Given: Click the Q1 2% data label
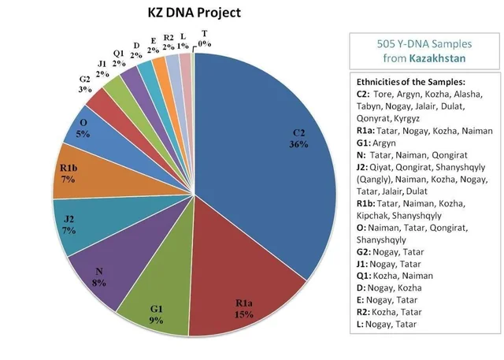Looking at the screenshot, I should point(119,58).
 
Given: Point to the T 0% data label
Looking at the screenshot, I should point(205,38).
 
